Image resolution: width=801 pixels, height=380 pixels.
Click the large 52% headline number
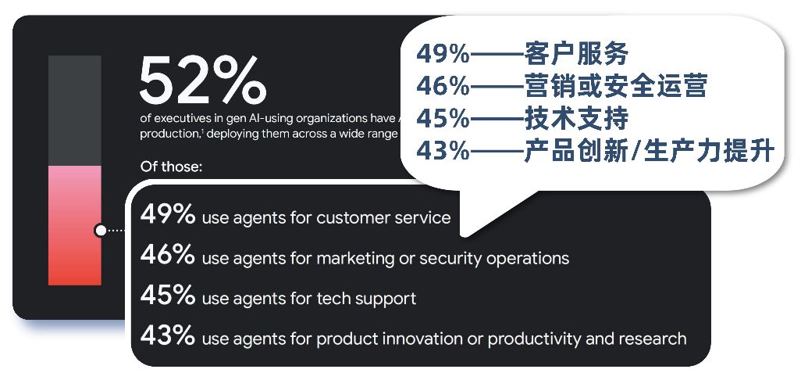pyautogui.click(x=202, y=80)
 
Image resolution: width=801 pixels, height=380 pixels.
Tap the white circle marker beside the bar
pyautogui.click(x=100, y=230)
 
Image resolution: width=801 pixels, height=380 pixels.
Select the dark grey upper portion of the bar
pyautogui.click(x=75, y=109)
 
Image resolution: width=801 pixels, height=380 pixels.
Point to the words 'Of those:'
pyautogui.click(x=170, y=167)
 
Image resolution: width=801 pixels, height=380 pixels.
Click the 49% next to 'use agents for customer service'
pyautogui.click(x=167, y=215)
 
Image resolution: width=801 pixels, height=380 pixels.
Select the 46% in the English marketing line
pyautogui.click(x=167, y=256)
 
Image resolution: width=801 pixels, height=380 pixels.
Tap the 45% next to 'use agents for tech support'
pyautogui.click(x=167, y=296)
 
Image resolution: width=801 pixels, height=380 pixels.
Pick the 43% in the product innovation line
pyautogui.click(x=167, y=337)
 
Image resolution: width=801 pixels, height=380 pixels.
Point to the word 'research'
pyautogui.click(x=652, y=339)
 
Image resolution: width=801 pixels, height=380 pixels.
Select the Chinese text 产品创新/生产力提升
pyautogui.click(x=648, y=150)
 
